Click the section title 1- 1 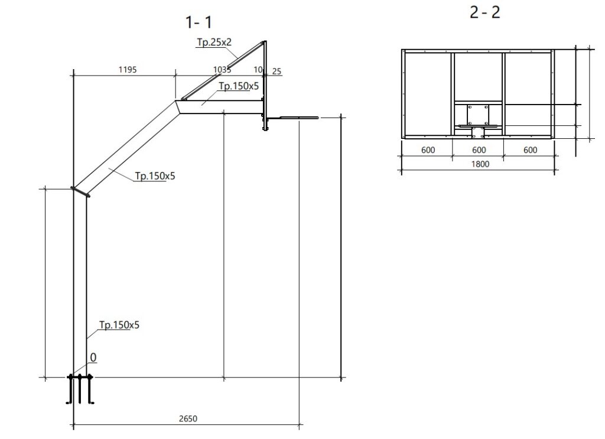point(199,22)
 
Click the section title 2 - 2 point(485,12)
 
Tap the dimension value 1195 point(128,70)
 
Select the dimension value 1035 point(222,70)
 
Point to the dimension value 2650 point(188,418)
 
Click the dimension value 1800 point(480,164)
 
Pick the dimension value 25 point(277,71)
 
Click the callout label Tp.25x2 point(214,42)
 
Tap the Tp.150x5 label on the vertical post point(119,325)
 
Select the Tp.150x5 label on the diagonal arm point(155,176)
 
